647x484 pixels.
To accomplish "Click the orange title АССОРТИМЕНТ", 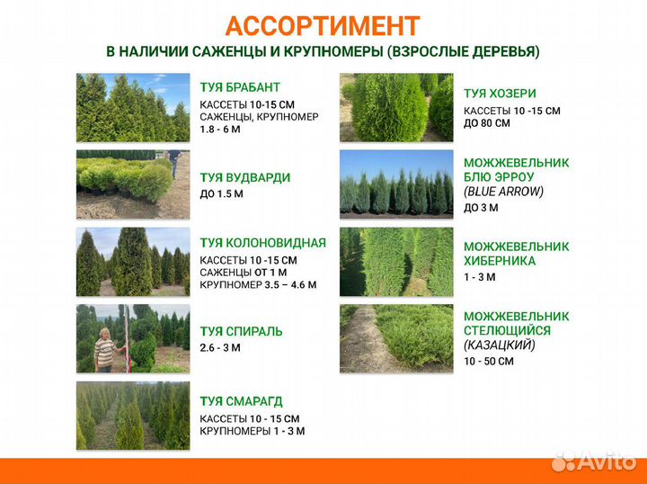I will [323, 25].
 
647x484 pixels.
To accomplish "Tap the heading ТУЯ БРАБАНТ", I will [240, 87].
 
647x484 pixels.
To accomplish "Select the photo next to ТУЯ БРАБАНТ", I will [133, 108].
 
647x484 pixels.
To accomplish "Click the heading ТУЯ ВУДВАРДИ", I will [244, 177].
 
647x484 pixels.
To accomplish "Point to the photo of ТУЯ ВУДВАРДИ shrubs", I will [133, 184].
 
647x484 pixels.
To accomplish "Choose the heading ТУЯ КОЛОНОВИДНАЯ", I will [262, 243].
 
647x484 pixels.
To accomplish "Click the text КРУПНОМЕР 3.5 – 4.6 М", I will [257, 285].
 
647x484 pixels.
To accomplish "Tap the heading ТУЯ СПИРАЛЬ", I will [241, 331].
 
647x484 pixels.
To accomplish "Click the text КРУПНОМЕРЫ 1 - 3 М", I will [252, 431].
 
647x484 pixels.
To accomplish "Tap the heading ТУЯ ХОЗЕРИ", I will [500, 94].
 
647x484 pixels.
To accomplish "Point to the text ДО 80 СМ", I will [487, 123].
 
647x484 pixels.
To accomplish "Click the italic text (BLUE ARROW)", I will [503, 191].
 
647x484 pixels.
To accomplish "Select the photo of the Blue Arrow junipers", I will [396, 184].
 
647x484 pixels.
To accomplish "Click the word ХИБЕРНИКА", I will [500, 261].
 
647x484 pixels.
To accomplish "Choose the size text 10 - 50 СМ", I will [489, 361].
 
